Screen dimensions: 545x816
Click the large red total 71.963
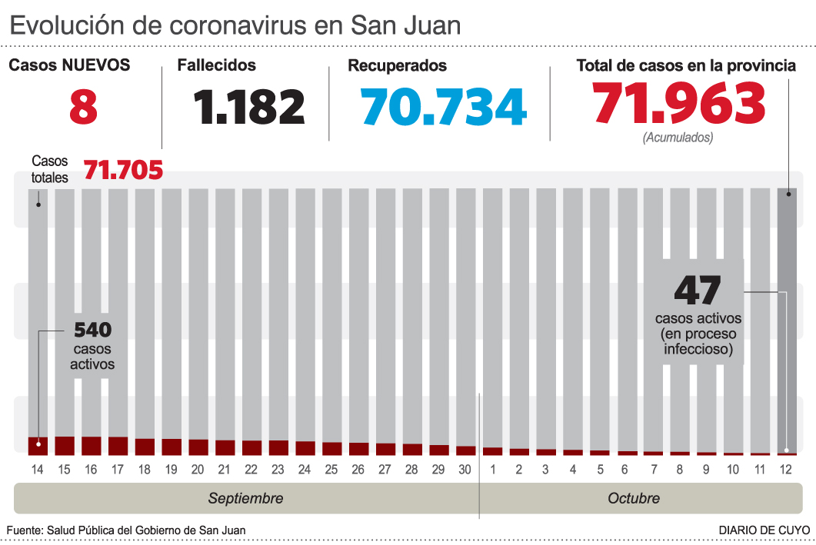[679, 104]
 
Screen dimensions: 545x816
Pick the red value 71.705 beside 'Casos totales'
[123, 170]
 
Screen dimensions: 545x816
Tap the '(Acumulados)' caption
[678, 138]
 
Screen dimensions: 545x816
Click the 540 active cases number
[92, 331]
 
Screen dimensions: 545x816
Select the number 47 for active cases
[698, 291]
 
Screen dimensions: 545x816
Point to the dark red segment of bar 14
[38, 445]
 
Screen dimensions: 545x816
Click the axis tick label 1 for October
[492, 470]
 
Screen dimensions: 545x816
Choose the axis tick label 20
[198, 470]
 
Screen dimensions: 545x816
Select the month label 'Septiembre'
[245, 498]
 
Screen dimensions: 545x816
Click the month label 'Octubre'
[634, 498]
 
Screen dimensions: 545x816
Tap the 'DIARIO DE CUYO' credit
[764, 530]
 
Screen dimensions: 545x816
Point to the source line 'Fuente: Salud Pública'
[126, 530]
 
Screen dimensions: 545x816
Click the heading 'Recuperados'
[397, 66]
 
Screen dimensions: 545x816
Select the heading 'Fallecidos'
[217, 66]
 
